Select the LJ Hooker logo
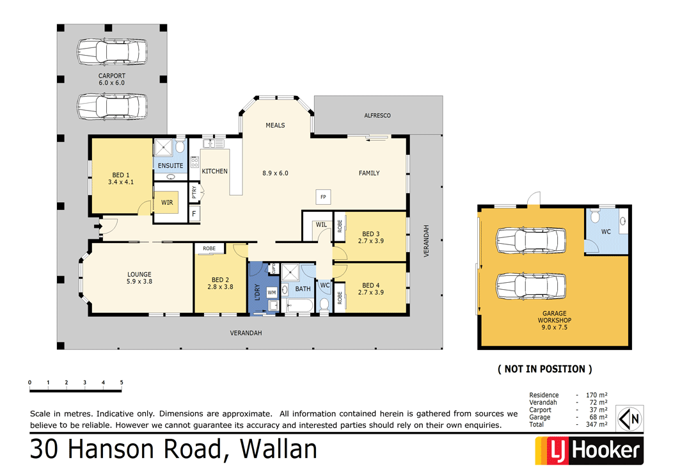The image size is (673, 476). [x=588, y=450]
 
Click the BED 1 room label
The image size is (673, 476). [x=121, y=175]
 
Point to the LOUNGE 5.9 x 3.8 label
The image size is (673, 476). [x=139, y=278]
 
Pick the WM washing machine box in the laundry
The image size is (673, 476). [x=271, y=292]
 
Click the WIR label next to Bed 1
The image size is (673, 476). [x=166, y=202]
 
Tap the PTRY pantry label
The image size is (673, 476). [x=194, y=193]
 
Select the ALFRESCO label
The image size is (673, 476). [x=377, y=116]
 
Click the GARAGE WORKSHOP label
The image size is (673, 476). [x=554, y=317]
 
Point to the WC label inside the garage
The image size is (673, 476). [x=605, y=231]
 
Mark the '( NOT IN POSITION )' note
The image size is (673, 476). [x=544, y=369]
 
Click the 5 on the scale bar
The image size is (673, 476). [x=122, y=383]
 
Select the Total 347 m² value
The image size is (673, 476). [x=598, y=424]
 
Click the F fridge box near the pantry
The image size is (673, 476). [x=194, y=213]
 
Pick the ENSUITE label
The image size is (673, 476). [x=170, y=166]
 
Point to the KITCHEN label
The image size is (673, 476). [x=214, y=171]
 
